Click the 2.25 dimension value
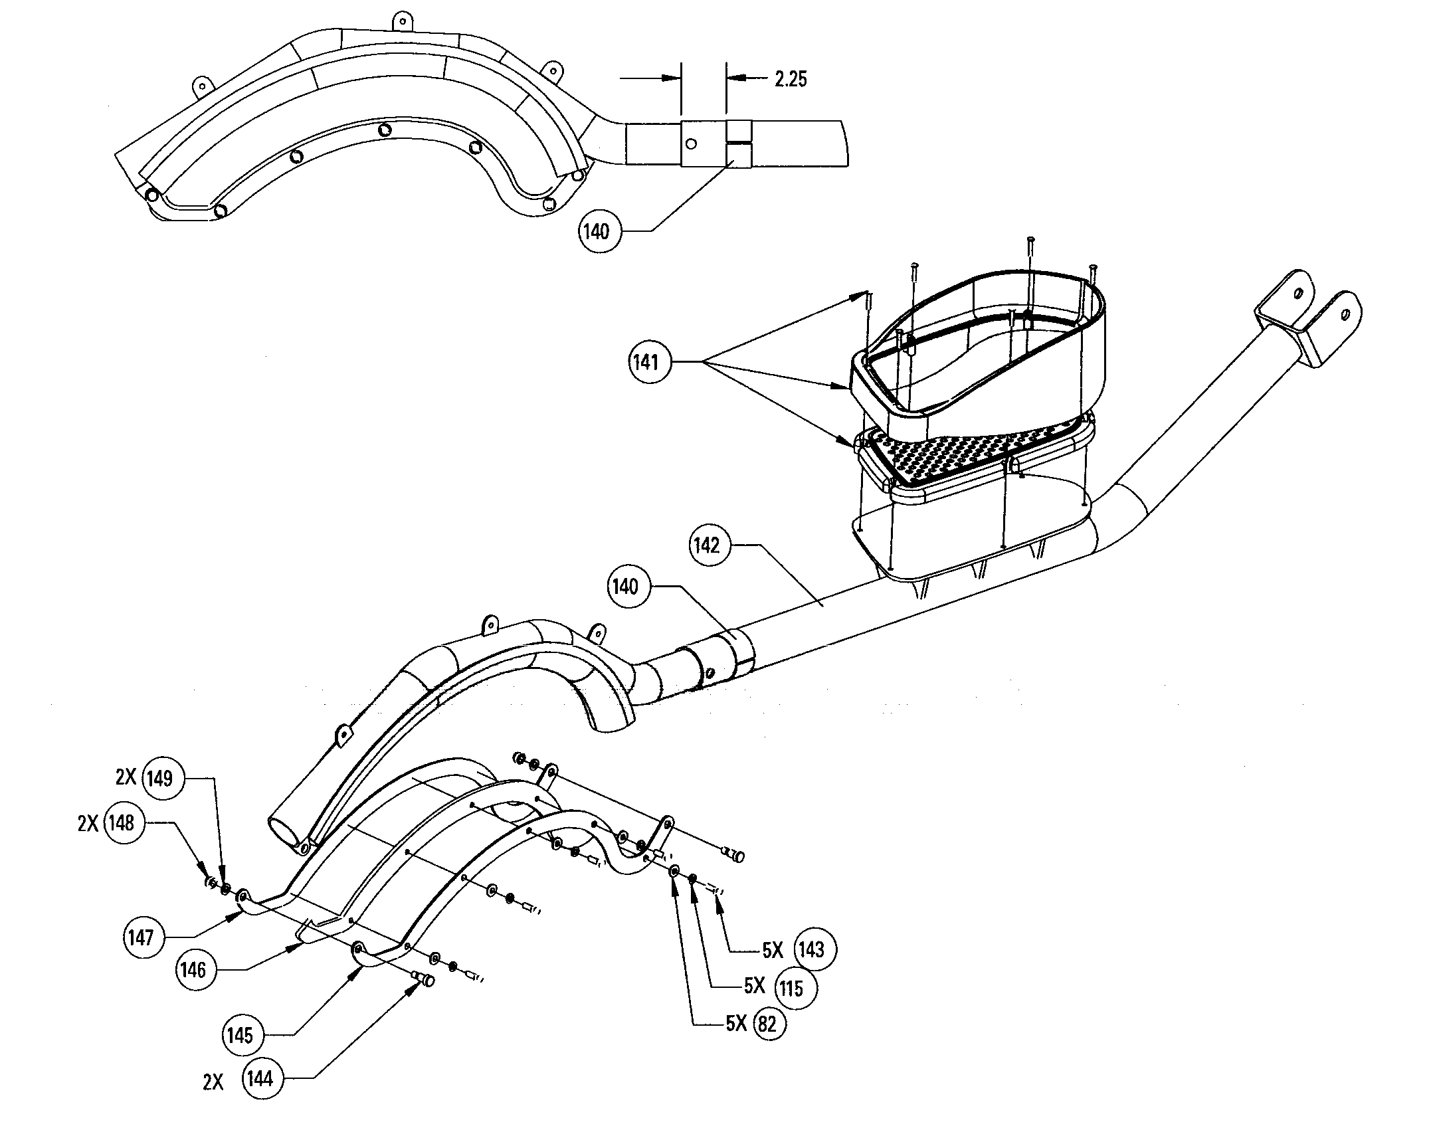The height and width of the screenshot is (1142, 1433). tap(791, 79)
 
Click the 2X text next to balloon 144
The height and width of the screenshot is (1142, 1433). tap(213, 1083)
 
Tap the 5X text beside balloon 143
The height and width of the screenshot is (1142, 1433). tap(773, 951)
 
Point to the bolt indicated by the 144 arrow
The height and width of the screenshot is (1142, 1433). tap(423, 978)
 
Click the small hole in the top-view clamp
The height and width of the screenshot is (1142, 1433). tap(691, 143)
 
